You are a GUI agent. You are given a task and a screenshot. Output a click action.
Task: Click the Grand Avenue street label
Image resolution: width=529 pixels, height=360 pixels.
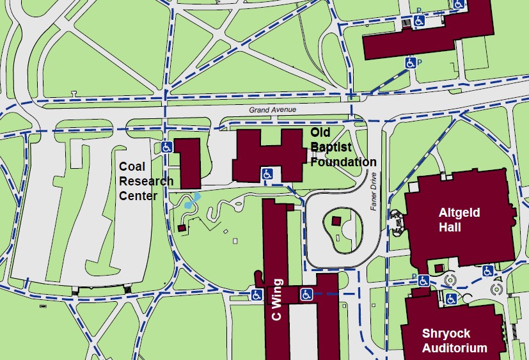tap(272, 110)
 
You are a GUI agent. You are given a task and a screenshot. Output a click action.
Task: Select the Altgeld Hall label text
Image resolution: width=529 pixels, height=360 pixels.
tap(459, 219)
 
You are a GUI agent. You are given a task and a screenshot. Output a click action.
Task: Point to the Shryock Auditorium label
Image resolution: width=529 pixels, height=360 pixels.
tap(454, 340)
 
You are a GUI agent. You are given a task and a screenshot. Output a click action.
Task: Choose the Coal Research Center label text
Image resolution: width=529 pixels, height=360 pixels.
tap(146, 181)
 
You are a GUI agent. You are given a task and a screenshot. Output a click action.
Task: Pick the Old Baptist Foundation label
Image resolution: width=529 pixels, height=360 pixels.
tap(343, 147)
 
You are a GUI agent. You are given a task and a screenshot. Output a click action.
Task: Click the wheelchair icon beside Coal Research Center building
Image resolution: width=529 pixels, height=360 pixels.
tap(166, 146)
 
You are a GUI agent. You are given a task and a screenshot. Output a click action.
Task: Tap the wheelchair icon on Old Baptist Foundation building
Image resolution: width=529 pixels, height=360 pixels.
tap(268, 173)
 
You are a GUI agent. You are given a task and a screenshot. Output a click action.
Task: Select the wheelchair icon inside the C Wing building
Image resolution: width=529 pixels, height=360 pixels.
tap(306, 294)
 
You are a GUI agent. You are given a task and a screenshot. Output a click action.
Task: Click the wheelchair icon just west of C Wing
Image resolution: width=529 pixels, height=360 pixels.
tap(257, 295)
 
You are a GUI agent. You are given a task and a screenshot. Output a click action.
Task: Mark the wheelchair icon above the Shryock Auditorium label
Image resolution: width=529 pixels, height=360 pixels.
tap(451, 299)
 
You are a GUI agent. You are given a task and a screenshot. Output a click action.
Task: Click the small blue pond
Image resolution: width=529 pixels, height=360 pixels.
tap(191, 202)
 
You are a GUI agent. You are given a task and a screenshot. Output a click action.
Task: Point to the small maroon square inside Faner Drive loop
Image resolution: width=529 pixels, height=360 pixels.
tap(336, 221)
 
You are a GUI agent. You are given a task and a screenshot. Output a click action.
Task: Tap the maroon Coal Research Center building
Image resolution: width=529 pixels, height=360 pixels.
tap(187, 162)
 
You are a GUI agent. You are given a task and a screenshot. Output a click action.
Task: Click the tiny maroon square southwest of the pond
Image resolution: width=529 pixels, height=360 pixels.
tap(182, 228)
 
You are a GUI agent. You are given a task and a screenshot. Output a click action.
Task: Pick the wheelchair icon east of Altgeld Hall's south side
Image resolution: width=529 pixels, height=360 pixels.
tap(487, 270)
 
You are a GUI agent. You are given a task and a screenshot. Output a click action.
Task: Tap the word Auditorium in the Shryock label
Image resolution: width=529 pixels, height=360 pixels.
tap(454, 348)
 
